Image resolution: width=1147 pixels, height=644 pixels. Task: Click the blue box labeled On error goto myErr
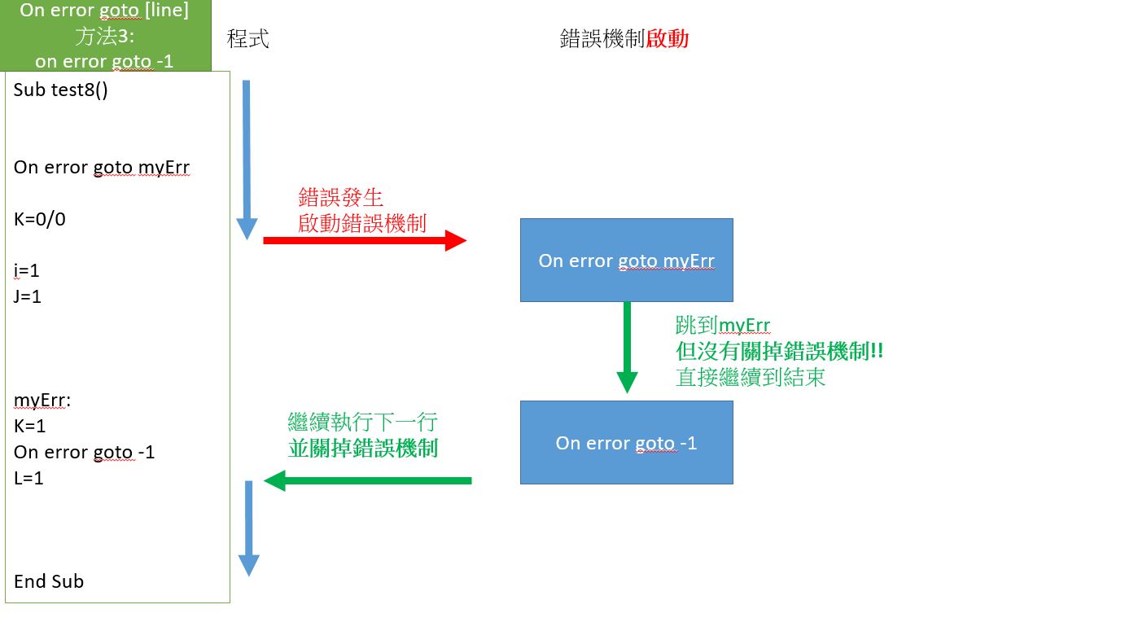(x=626, y=261)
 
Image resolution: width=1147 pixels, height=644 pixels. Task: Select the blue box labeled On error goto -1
(x=626, y=443)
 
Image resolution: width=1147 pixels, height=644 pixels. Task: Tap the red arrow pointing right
(x=364, y=240)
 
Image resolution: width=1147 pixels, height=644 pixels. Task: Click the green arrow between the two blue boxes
(x=627, y=347)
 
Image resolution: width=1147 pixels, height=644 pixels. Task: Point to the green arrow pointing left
(x=368, y=480)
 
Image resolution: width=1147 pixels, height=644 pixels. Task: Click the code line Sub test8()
(x=61, y=90)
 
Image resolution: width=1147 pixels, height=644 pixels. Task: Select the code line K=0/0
(x=40, y=219)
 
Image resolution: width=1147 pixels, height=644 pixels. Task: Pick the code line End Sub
(x=49, y=581)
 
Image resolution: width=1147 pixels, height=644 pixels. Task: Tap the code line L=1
(x=28, y=478)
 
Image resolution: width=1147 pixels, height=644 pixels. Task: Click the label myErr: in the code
(x=42, y=401)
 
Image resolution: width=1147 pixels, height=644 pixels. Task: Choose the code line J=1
(x=28, y=296)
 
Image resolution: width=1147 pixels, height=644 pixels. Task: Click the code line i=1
(x=27, y=270)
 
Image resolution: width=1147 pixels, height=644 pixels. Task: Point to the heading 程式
(x=247, y=38)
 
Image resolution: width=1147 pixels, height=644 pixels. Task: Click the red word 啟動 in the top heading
(x=668, y=38)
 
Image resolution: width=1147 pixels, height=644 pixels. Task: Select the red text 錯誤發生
(x=340, y=197)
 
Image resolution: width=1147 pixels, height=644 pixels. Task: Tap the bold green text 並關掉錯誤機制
(x=363, y=447)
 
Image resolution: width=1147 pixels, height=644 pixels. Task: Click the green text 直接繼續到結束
(x=751, y=377)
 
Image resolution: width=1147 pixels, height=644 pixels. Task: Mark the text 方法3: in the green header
(x=104, y=37)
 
